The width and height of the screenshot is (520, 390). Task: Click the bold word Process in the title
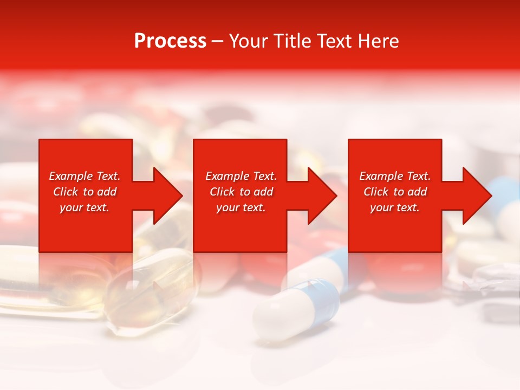click(170, 41)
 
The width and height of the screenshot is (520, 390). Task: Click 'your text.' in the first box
click(84, 207)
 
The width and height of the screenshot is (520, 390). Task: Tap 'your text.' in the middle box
click(241, 207)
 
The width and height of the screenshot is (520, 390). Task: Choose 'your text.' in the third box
click(395, 207)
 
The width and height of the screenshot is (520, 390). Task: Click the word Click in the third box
click(376, 192)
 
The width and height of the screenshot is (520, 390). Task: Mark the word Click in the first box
click(66, 192)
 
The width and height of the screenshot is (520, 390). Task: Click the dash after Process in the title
click(218, 41)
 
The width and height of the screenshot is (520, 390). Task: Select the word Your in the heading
click(249, 41)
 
